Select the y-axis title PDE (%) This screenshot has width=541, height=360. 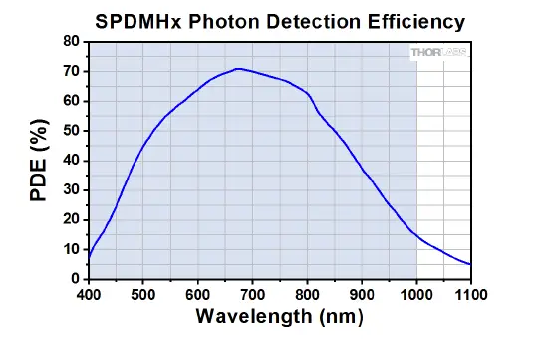pyautogui.click(x=39, y=161)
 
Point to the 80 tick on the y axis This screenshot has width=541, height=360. pyautogui.click(x=72, y=41)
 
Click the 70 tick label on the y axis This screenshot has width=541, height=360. pyautogui.click(x=72, y=71)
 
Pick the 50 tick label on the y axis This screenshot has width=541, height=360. pyautogui.click(x=72, y=131)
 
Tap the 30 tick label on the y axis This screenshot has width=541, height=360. pyautogui.click(x=72, y=189)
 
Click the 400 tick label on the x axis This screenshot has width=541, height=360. pyautogui.click(x=89, y=294)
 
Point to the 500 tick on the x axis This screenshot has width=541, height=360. pyautogui.click(x=143, y=294)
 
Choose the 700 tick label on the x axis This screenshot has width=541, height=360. pyautogui.click(x=253, y=294)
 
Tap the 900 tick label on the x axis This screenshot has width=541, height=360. pyautogui.click(x=362, y=294)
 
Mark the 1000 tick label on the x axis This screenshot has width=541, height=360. pyautogui.click(x=416, y=294)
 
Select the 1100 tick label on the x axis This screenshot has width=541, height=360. pyautogui.click(x=470, y=294)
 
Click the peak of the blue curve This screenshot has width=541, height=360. pyautogui.click(x=238, y=69)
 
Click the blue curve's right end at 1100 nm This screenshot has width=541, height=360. pyautogui.click(x=470, y=264)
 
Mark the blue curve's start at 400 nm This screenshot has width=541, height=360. pyautogui.click(x=90, y=257)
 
